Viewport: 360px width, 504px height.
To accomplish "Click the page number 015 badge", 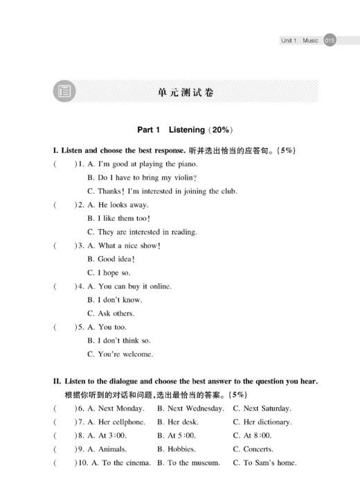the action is pyautogui.click(x=330, y=41).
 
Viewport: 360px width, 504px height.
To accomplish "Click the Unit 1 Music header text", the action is pyautogui.click(x=299, y=41).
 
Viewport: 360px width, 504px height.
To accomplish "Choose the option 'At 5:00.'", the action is pyautogui.click(x=181, y=435).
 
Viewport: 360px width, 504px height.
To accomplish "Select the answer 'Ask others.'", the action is pyautogui.click(x=116, y=313).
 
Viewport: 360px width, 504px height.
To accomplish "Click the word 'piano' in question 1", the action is pyautogui.click(x=183, y=164).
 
